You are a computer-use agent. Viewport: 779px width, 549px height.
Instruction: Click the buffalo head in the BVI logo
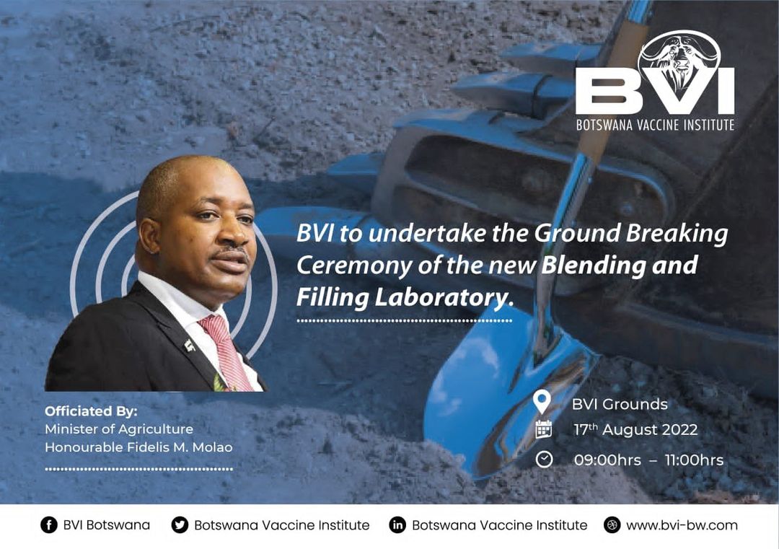click(679, 61)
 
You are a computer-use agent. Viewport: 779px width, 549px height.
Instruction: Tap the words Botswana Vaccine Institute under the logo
click(655, 124)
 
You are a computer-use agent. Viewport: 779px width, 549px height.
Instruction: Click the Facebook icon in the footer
click(49, 525)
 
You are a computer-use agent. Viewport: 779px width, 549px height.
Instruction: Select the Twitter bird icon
click(180, 525)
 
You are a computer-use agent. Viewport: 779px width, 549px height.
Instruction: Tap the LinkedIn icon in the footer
click(397, 525)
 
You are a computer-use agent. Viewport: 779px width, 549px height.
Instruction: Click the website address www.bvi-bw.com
click(682, 525)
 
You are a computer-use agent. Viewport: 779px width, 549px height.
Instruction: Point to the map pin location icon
click(542, 401)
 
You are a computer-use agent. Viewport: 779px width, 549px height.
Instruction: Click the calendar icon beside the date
click(544, 429)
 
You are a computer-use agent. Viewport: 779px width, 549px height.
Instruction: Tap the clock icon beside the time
click(544, 459)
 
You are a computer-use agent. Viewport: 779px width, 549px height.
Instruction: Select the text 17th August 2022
click(635, 429)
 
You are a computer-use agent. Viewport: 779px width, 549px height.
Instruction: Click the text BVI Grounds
click(620, 404)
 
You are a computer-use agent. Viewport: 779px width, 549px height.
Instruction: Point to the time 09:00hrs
click(607, 460)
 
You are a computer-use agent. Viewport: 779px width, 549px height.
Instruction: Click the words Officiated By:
click(91, 411)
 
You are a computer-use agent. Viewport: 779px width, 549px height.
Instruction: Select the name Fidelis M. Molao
click(180, 447)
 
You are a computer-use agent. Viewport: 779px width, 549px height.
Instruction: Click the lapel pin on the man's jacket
click(189, 345)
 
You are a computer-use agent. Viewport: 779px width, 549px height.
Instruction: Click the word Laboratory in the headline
click(443, 297)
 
